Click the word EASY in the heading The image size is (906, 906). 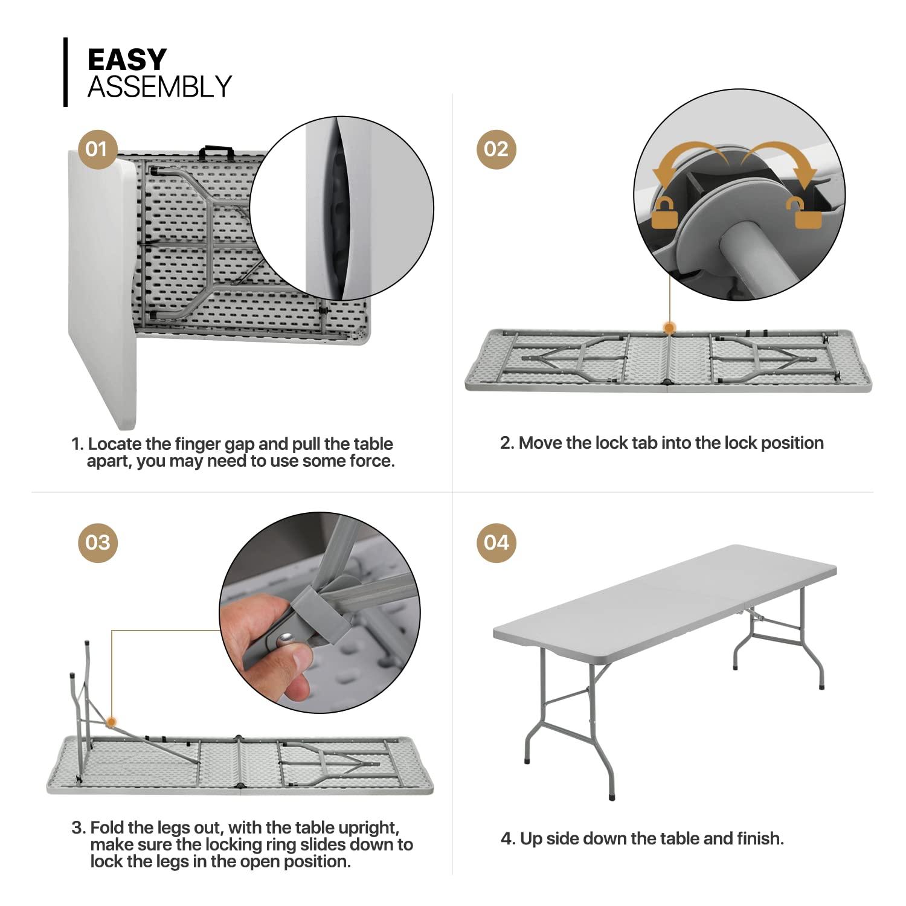[127, 60]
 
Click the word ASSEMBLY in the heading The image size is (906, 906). [159, 87]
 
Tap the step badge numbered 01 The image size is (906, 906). [97, 149]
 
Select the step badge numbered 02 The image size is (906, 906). [496, 149]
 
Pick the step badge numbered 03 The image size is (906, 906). [97, 542]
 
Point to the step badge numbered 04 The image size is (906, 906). [496, 542]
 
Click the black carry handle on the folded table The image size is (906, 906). [216, 150]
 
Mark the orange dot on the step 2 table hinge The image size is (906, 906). [669, 328]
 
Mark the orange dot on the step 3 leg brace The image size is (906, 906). [111, 721]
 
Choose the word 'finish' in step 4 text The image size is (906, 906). [759, 838]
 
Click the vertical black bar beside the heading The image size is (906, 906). [65, 72]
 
